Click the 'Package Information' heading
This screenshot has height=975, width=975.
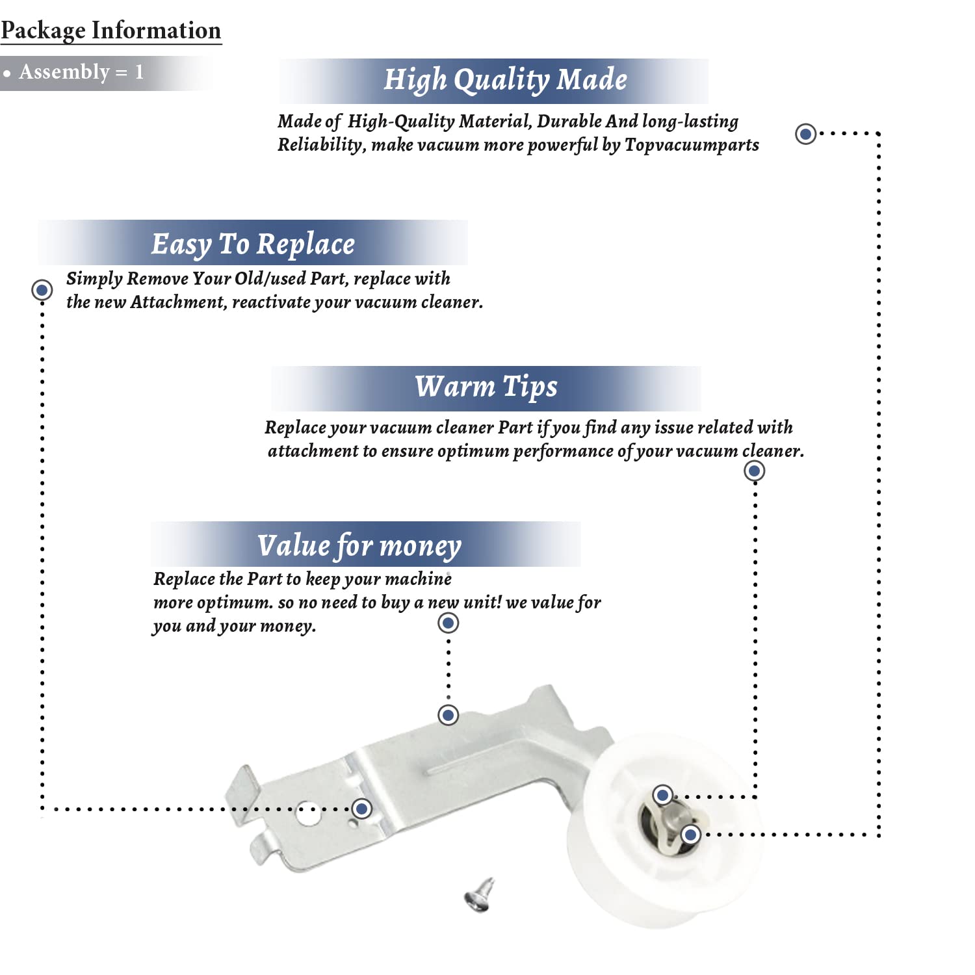pyautogui.click(x=111, y=31)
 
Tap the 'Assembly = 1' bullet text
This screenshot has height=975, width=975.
pyautogui.click(x=81, y=72)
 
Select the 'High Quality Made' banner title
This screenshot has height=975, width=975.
pyautogui.click(x=505, y=80)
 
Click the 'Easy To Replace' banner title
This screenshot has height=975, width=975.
pyautogui.click(x=253, y=244)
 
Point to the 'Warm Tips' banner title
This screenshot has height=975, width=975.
pyautogui.click(x=486, y=387)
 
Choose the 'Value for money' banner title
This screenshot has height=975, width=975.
pyautogui.click(x=359, y=546)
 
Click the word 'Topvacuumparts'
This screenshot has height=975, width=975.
pyautogui.click(x=692, y=145)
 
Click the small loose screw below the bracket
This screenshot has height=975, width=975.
pyautogui.click(x=480, y=894)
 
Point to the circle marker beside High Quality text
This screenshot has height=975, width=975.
pyautogui.click(x=806, y=134)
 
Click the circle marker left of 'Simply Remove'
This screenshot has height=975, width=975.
pyautogui.click(x=42, y=289)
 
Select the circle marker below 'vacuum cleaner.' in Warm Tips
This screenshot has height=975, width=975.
pyautogui.click(x=754, y=471)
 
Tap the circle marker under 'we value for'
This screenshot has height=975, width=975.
pyautogui.click(x=448, y=623)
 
